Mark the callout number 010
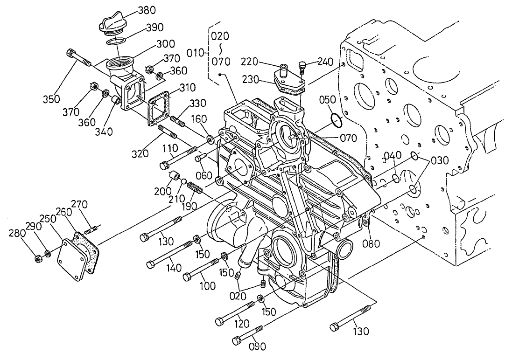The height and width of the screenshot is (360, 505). pyautogui.click(x=194, y=53)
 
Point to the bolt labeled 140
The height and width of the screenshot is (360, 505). pyautogui.click(x=171, y=254)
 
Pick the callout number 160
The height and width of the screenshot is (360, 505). pyautogui.click(x=199, y=120)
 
